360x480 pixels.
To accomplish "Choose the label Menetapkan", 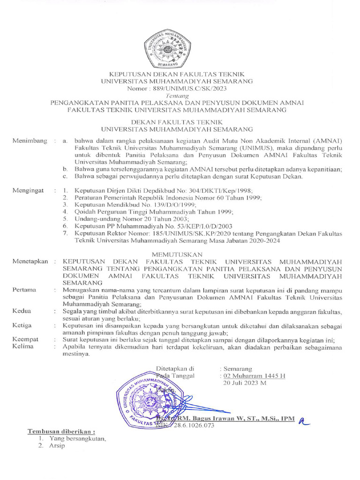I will [x=30, y=261].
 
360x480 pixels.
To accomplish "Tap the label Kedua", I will [x=22, y=311].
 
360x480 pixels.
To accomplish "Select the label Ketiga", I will [x=22, y=325].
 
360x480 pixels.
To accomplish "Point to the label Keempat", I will [x=26, y=339].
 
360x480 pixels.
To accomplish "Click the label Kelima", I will [x=23, y=347].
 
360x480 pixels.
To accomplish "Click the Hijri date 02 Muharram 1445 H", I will [x=254, y=376].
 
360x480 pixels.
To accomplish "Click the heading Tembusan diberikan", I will [x=61, y=431].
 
